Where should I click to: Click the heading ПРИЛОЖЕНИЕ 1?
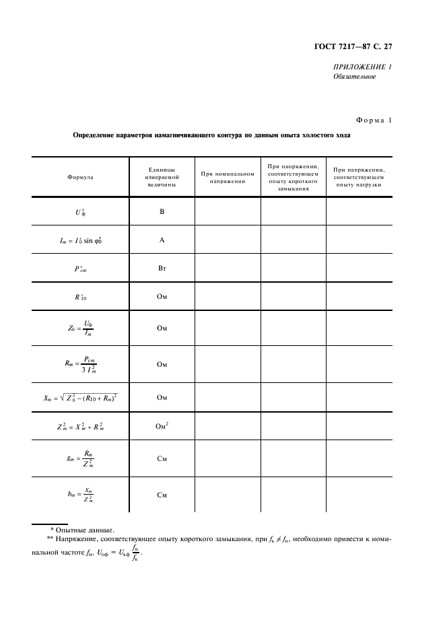pos(362,66)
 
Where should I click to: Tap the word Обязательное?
pos(354,77)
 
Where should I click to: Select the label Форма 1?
pos(370,120)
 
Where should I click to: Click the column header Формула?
pos(81,176)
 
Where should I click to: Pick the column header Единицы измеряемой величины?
pos(162,176)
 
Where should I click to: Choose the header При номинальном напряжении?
pos(228,176)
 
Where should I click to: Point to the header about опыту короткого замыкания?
pos(293,176)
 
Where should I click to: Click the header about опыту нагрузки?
pos(359,176)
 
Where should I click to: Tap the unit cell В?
pos(162,211)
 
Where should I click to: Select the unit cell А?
pos(162,240)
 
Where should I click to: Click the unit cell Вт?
pos(162,268)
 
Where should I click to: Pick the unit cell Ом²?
pos(162,427)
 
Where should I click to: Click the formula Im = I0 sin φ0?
pos(81,240)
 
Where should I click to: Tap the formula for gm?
pos(81,458)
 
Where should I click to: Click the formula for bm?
pos(81,495)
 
